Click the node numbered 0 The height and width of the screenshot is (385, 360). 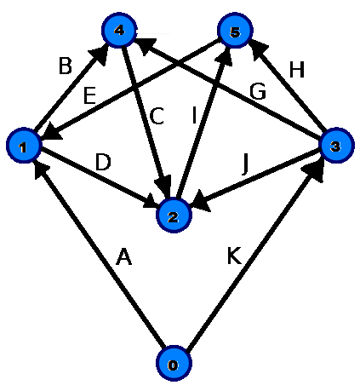[x=174, y=363]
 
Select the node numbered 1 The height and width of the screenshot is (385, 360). [x=24, y=145]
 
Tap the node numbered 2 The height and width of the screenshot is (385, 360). [x=174, y=215]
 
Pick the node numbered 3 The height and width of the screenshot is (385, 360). [x=336, y=145]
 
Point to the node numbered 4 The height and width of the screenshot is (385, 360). [x=119, y=30]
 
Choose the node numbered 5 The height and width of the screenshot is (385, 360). [x=235, y=30]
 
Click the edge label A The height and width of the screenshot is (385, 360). [x=124, y=256]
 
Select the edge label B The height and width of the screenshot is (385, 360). [x=66, y=66]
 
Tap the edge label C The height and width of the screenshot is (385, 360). [x=157, y=116]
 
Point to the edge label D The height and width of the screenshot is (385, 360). [x=103, y=162]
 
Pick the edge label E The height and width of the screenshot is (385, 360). [x=89, y=95]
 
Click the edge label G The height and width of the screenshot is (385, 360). [x=258, y=91]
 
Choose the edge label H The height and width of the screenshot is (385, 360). [x=297, y=69]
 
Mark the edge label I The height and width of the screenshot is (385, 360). [x=194, y=115]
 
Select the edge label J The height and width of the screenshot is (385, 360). [x=246, y=164]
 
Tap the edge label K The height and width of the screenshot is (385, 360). [x=234, y=256]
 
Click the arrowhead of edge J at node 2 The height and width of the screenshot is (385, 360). [x=202, y=202]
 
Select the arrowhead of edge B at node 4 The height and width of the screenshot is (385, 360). [x=100, y=55]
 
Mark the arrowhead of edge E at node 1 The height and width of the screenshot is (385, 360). [x=52, y=133]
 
